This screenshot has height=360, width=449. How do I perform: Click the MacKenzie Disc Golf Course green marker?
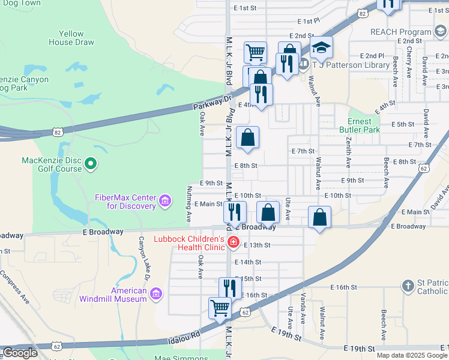point(91,163)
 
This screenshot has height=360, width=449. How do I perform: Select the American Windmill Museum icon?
point(156,293)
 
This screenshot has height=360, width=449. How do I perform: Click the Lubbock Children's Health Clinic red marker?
point(232,243)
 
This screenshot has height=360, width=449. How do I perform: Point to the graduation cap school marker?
point(322,47)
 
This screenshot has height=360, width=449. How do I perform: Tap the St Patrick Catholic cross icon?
point(408,286)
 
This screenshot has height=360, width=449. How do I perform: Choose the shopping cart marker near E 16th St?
point(220,308)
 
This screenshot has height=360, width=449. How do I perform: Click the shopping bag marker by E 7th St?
point(247,138)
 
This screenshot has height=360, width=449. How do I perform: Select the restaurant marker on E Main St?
point(235,211)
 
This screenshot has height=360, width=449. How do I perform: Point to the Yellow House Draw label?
point(71,38)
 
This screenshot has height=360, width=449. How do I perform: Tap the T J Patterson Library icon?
point(304,64)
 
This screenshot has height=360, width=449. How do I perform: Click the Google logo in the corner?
point(20,353)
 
